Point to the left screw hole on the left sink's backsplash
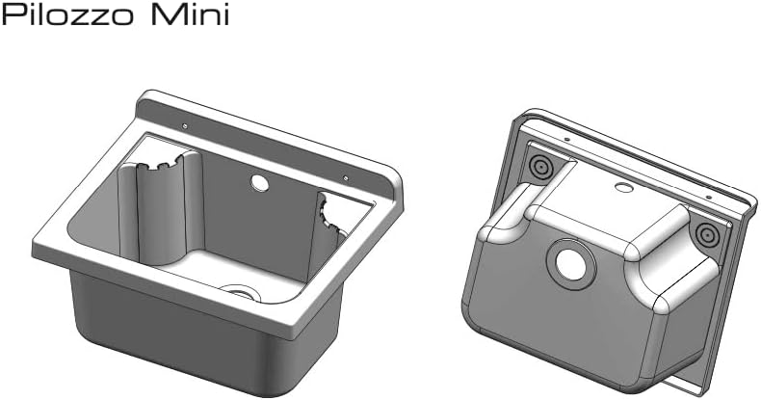184,125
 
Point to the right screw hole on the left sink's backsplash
345,176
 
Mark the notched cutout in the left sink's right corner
332,217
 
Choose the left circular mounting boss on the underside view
540,167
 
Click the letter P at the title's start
14,17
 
